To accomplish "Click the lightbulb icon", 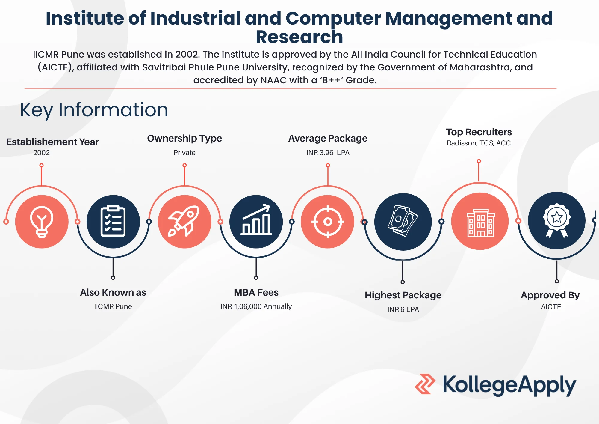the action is pos(42,222).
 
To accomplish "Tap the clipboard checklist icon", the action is pos(113,221).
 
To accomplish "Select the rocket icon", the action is pos(184,221).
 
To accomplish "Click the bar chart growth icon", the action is pos(256,219).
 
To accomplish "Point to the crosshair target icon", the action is pos(328,222).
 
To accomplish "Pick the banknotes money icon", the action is pos(403,221).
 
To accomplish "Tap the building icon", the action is pos(481,223).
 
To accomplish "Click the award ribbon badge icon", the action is pos(557,221).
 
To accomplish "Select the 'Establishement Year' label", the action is pos(52,142).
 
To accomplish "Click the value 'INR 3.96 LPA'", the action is pos(328,153).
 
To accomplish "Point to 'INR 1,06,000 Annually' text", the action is pos(256,306).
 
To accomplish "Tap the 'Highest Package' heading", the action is pos(403,295).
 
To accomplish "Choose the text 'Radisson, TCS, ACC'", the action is pos(479,143).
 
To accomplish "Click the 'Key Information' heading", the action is pos(94,110).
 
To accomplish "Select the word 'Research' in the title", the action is pos(299,37).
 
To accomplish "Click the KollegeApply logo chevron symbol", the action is pos(425,384).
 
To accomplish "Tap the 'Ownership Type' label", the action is pos(184,139).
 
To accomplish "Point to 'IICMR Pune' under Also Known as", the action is pos(113,306).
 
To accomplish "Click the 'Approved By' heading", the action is pos(550,295).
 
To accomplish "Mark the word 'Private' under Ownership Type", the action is pos(184,153).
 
